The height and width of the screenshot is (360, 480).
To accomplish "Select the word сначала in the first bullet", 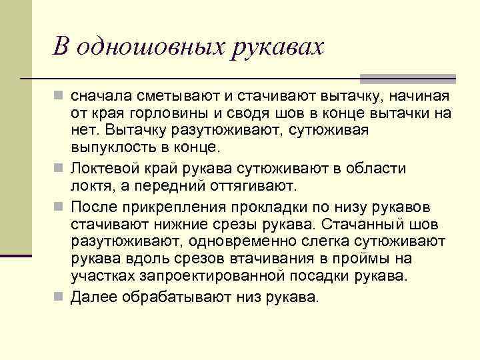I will click(x=100, y=97).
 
